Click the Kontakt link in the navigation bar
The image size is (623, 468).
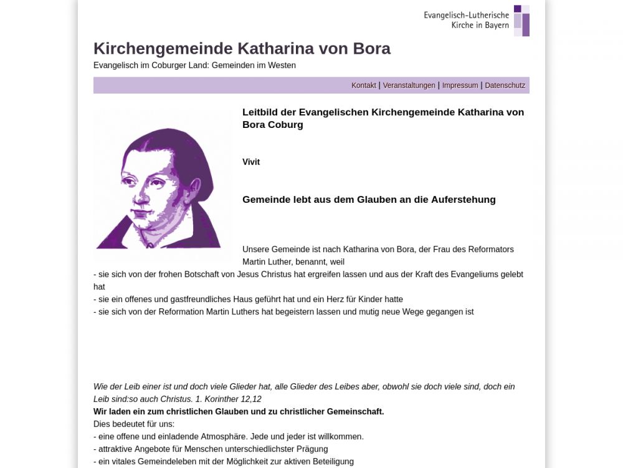pyautogui.click(x=364, y=85)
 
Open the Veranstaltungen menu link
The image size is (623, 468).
pyautogui.click(x=409, y=85)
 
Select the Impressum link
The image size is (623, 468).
pyautogui.click(x=460, y=85)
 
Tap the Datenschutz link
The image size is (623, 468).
pyautogui.click(x=505, y=85)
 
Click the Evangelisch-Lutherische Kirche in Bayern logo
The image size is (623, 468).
pyautogui.click(x=477, y=21)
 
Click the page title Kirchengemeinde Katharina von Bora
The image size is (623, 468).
pyautogui.click(x=242, y=49)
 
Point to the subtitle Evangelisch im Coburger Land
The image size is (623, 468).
pyautogui.click(x=194, y=65)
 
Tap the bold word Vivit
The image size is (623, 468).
pyautogui.click(x=251, y=162)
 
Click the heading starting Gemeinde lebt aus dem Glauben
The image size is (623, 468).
pyautogui.click(x=369, y=200)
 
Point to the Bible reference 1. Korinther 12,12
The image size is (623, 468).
pyautogui.click(x=229, y=399)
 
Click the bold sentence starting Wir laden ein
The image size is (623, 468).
pyautogui.click(x=239, y=412)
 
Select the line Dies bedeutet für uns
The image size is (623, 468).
pyautogui.click(x=134, y=424)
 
